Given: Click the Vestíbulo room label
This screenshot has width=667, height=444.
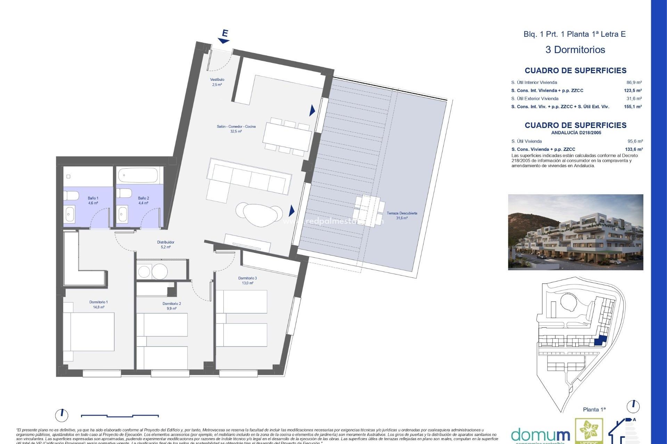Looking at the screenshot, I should tap(217, 82).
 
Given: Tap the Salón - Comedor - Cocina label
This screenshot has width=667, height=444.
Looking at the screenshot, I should tap(236, 129).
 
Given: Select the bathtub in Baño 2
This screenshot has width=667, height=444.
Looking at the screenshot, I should tap(138, 175).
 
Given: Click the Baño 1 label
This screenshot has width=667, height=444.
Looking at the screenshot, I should tap(93, 200).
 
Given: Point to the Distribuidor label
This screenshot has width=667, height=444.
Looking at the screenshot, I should tap(166, 245).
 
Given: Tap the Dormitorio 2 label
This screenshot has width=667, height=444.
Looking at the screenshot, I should tap(172, 306).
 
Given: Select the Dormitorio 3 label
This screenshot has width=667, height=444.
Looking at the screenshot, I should tap(247, 280).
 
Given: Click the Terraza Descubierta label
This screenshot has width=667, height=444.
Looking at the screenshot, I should tap(402, 215).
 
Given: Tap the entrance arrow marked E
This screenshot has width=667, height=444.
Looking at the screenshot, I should tap(224, 37).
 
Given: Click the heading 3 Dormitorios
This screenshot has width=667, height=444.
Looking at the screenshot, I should tap(575, 50).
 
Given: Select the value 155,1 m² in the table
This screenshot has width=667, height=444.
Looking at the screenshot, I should tap(633, 106).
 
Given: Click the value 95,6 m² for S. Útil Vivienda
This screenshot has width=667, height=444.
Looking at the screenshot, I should tap(635, 141).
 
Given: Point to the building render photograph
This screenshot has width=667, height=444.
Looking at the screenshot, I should tap(575, 232).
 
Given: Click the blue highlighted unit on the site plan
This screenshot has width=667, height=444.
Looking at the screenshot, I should tap(600, 341).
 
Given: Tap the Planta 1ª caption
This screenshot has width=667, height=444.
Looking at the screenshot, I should tap(594, 409).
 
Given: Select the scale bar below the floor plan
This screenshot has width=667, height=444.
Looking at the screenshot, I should tap(120, 416).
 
